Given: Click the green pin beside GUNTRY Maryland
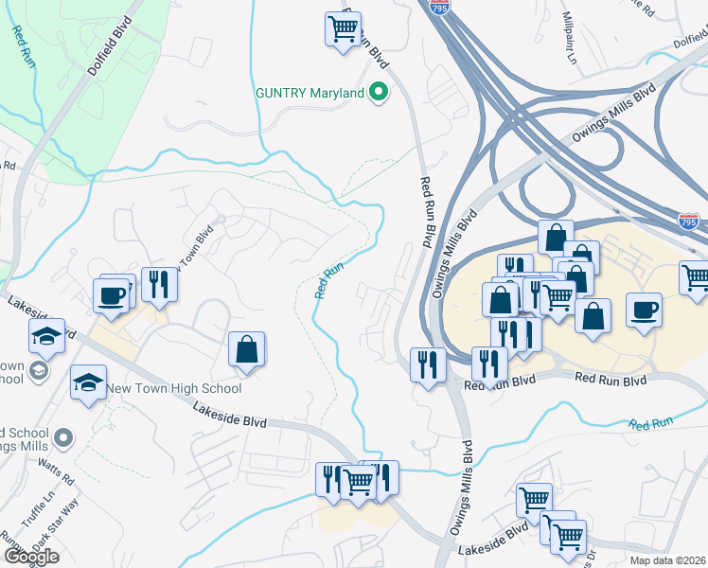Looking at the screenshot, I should coord(379,93).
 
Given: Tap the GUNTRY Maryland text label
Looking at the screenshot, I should coord(310,94).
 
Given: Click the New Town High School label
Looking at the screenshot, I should coord(173,388).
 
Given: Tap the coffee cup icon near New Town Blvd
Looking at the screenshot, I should coord(111,294).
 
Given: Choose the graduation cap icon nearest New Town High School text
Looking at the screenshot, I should coord(88,382).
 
